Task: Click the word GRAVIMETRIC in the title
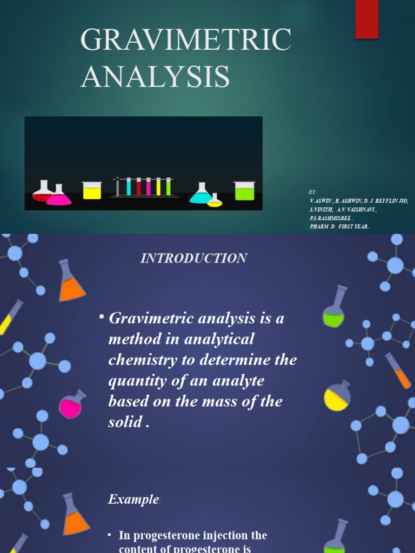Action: (186, 41)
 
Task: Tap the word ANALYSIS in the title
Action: (155, 76)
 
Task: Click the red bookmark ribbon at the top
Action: (366, 19)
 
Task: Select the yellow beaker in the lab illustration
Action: (92, 191)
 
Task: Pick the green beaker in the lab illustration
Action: (244, 191)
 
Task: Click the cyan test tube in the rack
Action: (129, 187)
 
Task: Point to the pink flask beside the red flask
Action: (58, 197)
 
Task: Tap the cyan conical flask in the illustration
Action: (201, 194)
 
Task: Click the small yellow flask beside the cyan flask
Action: (215, 201)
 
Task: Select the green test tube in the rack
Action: (168, 187)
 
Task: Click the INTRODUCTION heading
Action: (193, 258)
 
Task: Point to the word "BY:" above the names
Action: (312, 192)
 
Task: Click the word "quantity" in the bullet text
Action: (135, 381)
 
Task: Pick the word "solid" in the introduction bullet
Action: (124, 422)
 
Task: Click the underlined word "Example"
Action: (133, 500)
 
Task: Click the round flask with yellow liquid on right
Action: (337, 398)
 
